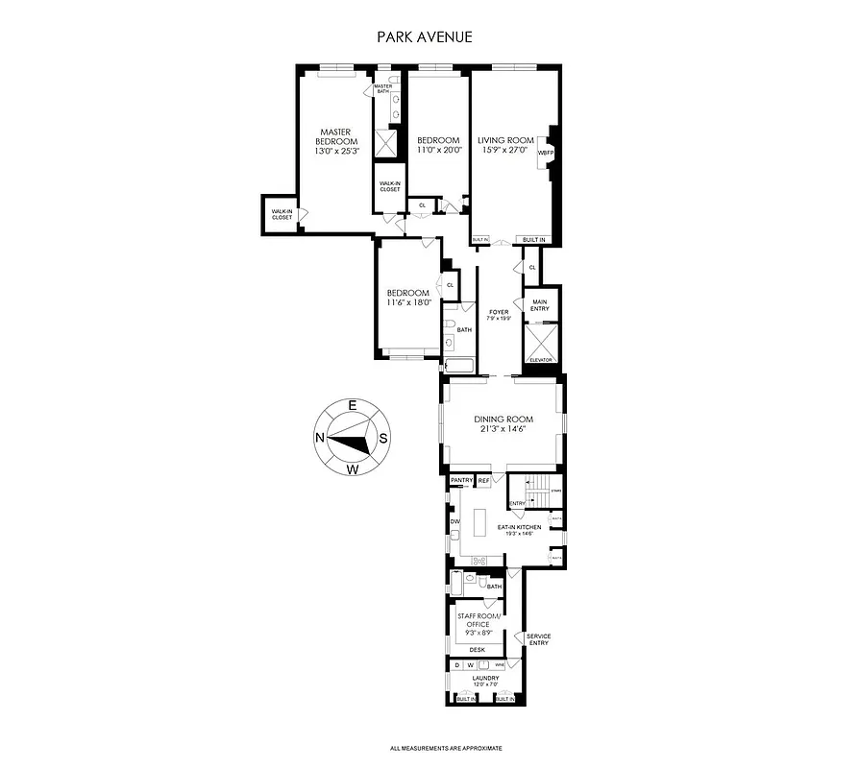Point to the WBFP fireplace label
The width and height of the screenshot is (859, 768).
pyautogui.click(x=546, y=153)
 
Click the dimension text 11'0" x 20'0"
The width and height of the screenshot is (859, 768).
pyautogui.click(x=438, y=150)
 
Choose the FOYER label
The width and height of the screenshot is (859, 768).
pyautogui.click(x=499, y=312)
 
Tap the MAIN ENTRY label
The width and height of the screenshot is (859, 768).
pyautogui.click(x=540, y=306)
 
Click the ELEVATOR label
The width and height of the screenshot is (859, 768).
pyautogui.click(x=540, y=360)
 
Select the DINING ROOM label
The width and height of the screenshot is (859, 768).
pyautogui.click(x=503, y=420)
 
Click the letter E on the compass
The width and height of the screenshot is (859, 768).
pyautogui.click(x=353, y=406)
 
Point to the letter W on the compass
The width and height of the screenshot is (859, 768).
pyautogui.click(x=353, y=469)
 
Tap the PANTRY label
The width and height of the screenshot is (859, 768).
pyautogui.click(x=462, y=479)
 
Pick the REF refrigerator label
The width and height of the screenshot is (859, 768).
pyautogui.click(x=484, y=479)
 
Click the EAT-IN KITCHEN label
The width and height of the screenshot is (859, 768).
pyautogui.click(x=519, y=527)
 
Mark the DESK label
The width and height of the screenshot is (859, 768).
pyautogui.click(x=477, y=650)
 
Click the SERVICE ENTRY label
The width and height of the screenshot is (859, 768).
pyautogui.click(x=538, y=639)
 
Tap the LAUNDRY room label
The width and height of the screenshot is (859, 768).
pyautogui.click(x=485, y=679)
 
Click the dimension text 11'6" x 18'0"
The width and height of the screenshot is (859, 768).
pyautogui.click(x=408, y=302)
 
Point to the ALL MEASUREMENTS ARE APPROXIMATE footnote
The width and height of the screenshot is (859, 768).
pyautogui.click(x=446, y=748)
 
